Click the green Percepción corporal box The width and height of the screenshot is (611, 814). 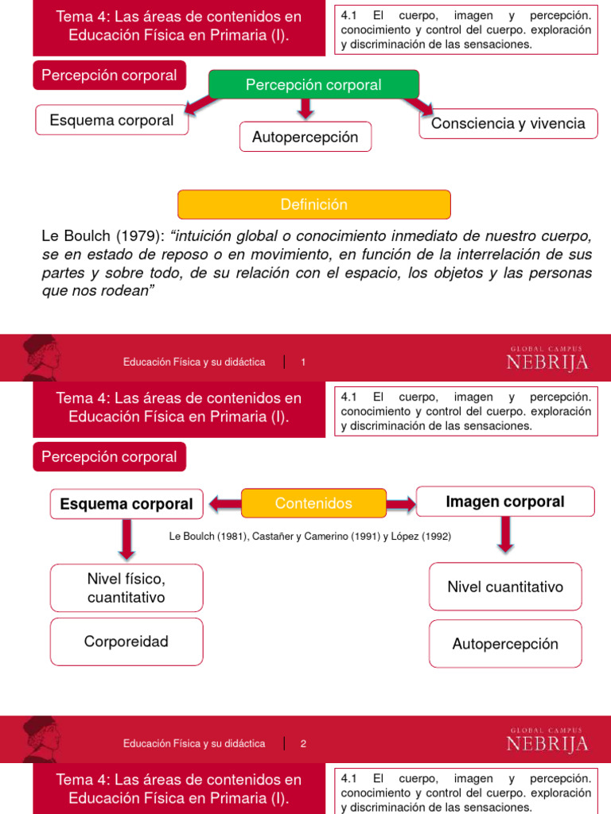313,84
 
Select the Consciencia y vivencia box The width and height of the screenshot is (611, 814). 508,123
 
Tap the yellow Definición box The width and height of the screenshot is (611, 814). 313,204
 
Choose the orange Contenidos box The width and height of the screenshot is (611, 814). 313,503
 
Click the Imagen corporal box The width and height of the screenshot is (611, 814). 505,502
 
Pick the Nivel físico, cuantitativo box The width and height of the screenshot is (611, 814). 126,587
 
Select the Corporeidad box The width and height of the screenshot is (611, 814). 126,642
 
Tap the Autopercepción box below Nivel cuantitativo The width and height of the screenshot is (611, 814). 505,644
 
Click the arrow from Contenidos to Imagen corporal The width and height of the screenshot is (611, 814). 401,503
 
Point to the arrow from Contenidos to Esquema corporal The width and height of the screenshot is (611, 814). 225,502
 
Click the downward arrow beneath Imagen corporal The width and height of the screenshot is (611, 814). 505,535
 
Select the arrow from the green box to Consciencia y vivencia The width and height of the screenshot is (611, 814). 418,105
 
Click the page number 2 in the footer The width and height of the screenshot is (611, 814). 303,744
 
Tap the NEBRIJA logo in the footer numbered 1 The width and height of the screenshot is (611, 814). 547,362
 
